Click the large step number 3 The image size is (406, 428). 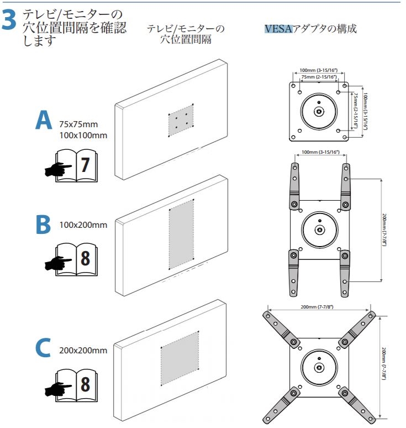click(10, 20)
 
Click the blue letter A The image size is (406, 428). click(44, 121)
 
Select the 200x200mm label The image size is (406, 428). click(83, 350)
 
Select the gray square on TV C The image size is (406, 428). click(180, 358)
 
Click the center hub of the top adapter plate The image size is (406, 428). click(319, 111)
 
